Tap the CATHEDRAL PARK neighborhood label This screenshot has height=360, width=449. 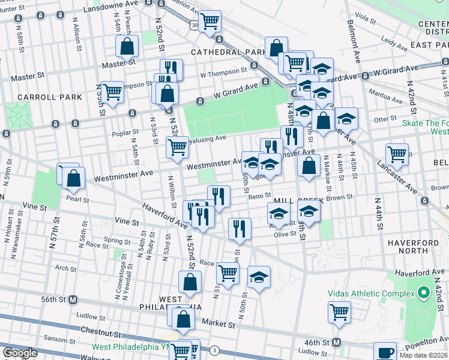pos(229,52)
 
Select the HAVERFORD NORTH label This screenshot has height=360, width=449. pos(414,247)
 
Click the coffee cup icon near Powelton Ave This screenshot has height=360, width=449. pos(385,352)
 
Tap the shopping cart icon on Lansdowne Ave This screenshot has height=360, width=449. pos(210,22)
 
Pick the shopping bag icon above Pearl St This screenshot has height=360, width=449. pos(73,178)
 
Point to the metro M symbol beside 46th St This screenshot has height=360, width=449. pos(337,342)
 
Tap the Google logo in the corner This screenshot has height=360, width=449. pos(20,352)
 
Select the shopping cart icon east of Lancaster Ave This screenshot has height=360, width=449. pos(397,154)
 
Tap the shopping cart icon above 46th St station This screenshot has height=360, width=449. pos(339,312)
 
